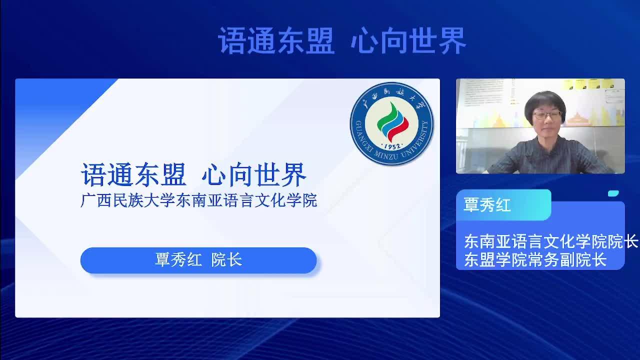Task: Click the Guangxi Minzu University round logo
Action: click(391, 123)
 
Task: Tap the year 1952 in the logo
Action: click(392, 146)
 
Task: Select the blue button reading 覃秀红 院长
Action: click(198, 260)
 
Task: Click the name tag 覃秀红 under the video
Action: click(487, 205)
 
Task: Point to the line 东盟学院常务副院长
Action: click(535, 259)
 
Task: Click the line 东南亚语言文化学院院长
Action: click(551, 241)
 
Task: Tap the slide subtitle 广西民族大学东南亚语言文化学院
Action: click(199, 200)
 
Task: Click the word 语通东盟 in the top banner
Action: click(276, 40)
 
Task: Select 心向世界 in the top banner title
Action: click(408, 40)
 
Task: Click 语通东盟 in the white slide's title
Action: click(133, 174)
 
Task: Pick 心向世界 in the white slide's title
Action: click(254, 174)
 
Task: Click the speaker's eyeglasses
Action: click(547, 115)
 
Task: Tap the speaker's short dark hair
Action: click(544, 103)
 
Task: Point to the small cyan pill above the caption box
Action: click(613, 193)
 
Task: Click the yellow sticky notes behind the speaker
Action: click(588, 84)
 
